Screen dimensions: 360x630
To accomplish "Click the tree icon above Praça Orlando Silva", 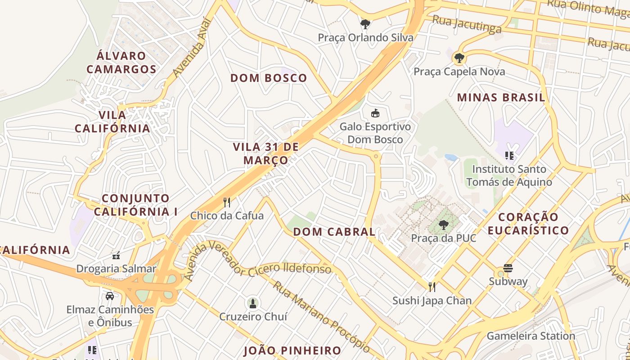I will pyautogui.click(x=365, y=24).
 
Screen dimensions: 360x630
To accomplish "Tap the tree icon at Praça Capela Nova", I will pyautogui.click(x=459, y=58).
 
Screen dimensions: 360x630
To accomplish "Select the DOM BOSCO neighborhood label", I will pyautogui.click(x=269, y=78).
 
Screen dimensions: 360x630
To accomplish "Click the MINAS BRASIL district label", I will pyautogui.click(x=501, y=98).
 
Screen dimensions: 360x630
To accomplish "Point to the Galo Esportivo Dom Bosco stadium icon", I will pyautogui.click(x=375, y=113).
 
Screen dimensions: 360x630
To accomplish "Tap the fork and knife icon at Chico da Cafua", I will pyautogui.click(x=227, y=202).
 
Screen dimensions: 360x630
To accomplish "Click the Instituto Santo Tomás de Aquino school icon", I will pyautogui.click(x=509, y=156).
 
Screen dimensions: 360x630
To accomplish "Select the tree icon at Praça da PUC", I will pyautogui.click(x=444, y=225).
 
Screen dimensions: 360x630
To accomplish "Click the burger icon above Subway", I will pyautogui.click(x=508, y=268).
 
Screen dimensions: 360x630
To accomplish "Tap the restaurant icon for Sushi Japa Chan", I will pyautogui.click(x=432, y=287).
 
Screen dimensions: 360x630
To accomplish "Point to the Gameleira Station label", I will pyautogui.click(x=531, y=336).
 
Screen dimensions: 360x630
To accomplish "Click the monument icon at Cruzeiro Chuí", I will pyautogui.click(x=253, y=303).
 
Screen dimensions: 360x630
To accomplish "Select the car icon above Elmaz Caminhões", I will pyautogui.click(x=110, y=296).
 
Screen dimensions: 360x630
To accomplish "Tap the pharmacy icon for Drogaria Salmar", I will pyautogui.click(x=116, y=256).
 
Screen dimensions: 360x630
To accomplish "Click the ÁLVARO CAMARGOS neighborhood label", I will pyautogui.click(x=121, y=63).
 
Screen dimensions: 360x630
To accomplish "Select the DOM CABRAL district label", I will pyautogui.click(x=334, y=232).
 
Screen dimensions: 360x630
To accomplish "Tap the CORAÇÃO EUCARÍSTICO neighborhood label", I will pyautogui.click(x=528, y=224).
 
